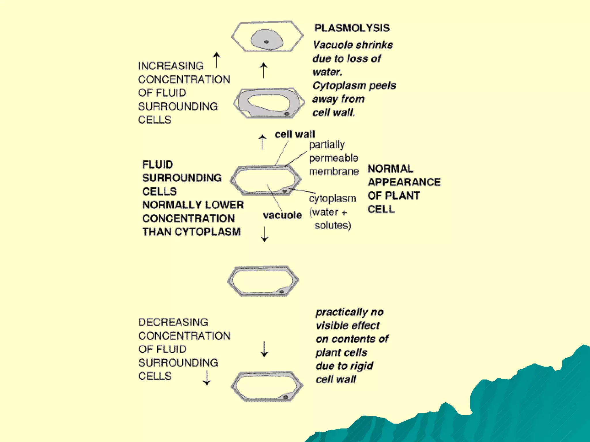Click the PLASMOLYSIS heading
[x=352, y=28]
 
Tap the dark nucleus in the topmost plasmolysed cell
[x=266, y=42]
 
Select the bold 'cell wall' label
[x=295, y=134]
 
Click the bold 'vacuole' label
[x=282, y=215]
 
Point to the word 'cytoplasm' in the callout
[x=332, y=199]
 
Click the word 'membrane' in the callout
[x=334, y=172]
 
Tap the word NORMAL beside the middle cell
[x=390, y=169]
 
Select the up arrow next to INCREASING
[x=217, y=60]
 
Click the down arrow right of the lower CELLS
[x=207, y=378]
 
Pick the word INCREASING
[x=171, y=66]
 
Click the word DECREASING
[x=173, y=322]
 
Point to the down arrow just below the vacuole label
[x=264, y=234]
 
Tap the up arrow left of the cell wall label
[x=262, y=142]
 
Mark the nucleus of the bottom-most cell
[x=285, y=397]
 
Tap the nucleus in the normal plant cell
[x=284, y=191]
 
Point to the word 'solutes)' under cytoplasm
[x=333, y=225]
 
